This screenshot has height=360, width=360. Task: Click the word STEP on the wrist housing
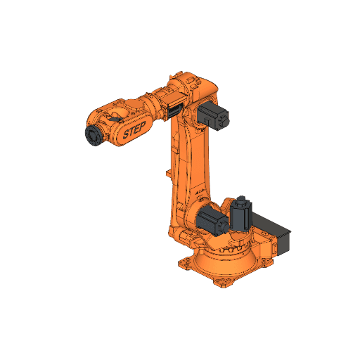(x=133, y=131)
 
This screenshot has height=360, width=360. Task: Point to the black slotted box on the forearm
(x=173, y=109)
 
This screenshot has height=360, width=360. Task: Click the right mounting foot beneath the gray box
(x=267, y=261)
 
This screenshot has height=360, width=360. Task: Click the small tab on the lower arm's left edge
(x=167, y=173)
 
